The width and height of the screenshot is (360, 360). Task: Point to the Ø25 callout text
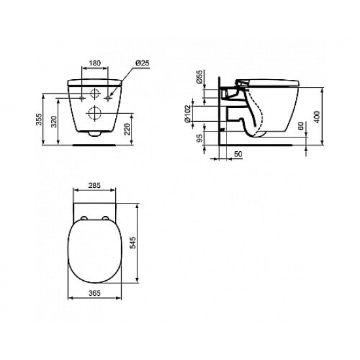(143, 63)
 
